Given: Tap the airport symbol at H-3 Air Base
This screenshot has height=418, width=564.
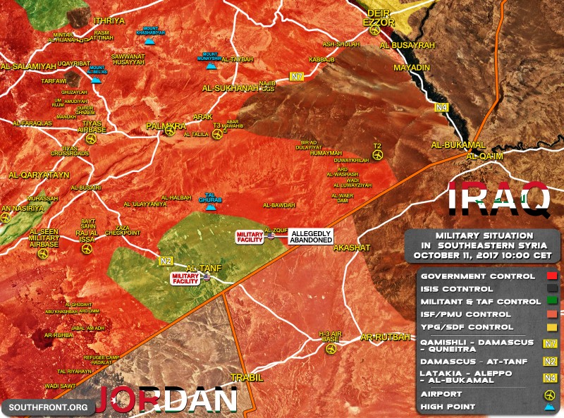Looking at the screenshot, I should pyautogui.click(x=330, y=348).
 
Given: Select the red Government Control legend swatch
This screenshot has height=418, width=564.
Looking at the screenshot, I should pyautogui.click(x=552, y=276).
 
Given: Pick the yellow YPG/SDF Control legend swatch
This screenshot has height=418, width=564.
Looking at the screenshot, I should pyautogui.click(x=552, y=327).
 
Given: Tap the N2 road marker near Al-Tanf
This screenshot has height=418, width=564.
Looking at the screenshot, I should pyautogui.click(x=166, y=261).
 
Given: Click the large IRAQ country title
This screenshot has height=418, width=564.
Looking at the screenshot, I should pyautogui.click(x=499, y=199).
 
